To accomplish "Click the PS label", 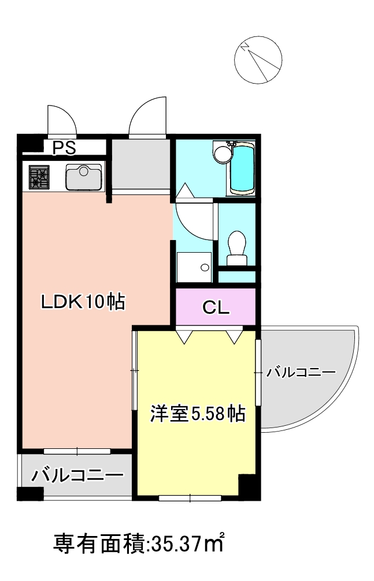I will click(x=64, y=148).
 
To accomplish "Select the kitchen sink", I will click(x=84, y=177).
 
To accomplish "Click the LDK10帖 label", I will click(x=83, y=302).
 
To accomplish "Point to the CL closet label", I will click(x=216, y=307).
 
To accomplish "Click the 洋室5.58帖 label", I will click(x=197, y=413).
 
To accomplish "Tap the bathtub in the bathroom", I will click(x=243, y=168).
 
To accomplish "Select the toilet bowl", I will click(x=237, y=245).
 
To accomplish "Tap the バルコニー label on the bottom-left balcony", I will click(x=77, y=476).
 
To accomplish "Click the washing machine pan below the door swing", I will click(x=194, y=268).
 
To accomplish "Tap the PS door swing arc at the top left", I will click(x=61, y=119).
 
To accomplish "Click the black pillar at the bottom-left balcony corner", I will click(x=29, y=494).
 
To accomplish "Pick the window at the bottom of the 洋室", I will click(x=191, y=497).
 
